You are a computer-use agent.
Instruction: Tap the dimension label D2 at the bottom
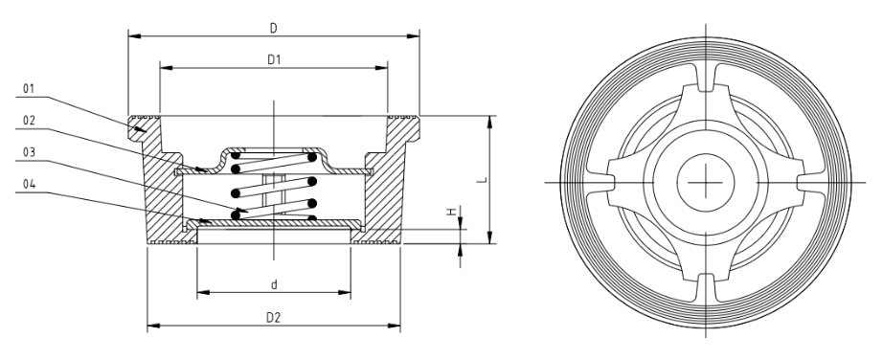coord(274,315)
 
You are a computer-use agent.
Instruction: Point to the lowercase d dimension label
coord(274,282)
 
